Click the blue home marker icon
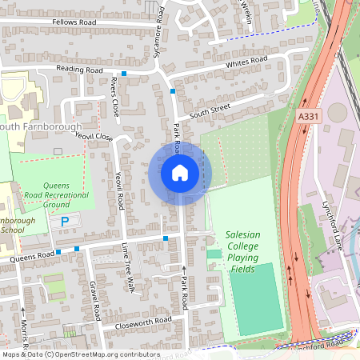[x=180, y=173]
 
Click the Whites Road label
[x=246, y=62]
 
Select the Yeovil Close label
[x=94, y=137]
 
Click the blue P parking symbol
[x=65, y=220]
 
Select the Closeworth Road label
[x=142, y=320]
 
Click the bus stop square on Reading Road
[x=124, y=73]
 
